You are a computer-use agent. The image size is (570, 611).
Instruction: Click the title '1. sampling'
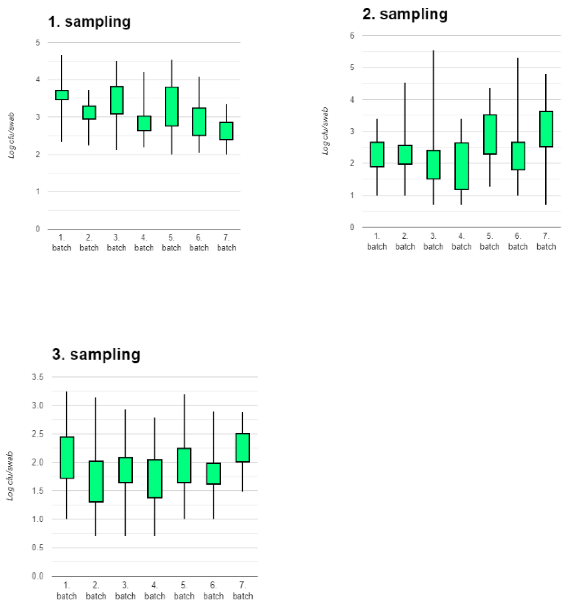point(89,22)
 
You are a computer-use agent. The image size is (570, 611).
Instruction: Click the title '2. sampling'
point(405,14)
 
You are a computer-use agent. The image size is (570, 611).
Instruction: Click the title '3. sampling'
point(96,354)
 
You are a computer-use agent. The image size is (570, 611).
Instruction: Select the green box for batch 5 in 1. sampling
point(172,106)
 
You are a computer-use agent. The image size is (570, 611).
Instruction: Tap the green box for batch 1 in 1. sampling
point(62,95)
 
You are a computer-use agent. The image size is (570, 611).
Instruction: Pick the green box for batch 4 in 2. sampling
point(461,166)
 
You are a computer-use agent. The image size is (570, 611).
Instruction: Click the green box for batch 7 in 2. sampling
point(546,129)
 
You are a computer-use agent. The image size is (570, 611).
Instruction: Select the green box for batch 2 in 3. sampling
point(96,481)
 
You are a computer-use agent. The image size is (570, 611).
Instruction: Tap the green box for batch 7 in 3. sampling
point(242,448)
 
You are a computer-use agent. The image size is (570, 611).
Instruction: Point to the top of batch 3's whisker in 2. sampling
point(433,51)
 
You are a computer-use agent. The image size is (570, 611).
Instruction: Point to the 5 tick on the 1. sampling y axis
point(38,43)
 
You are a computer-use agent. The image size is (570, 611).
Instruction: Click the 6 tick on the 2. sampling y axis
point(352,36)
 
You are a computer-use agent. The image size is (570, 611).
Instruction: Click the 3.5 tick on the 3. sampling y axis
point(38,377)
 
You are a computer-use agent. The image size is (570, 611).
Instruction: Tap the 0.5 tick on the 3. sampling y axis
point(38,547)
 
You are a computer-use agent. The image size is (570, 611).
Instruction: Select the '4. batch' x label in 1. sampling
point(144,243)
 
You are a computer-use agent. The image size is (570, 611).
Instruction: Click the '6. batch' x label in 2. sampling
point(518,241)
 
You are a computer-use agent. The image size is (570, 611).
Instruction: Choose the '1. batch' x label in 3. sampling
point(67,590)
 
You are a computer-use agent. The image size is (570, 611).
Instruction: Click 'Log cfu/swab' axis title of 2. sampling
point(325,131)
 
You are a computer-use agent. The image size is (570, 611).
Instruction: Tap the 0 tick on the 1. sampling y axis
point(38,229)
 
